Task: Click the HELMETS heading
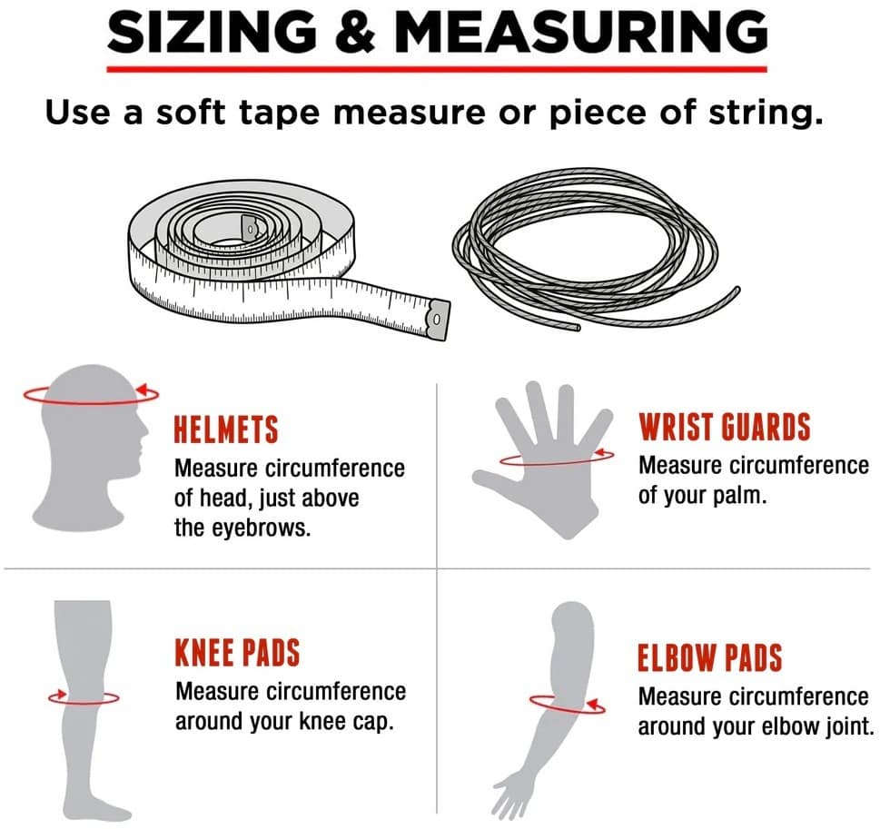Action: point(225,429)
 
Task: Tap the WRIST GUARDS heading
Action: point(725,427)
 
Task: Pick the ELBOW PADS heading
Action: point(710,657)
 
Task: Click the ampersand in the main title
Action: point(355,32)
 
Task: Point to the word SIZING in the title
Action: point(212,32)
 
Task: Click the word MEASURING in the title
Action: point(581,32)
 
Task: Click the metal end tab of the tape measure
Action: point(439,320)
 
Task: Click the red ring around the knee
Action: point(84,702)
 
